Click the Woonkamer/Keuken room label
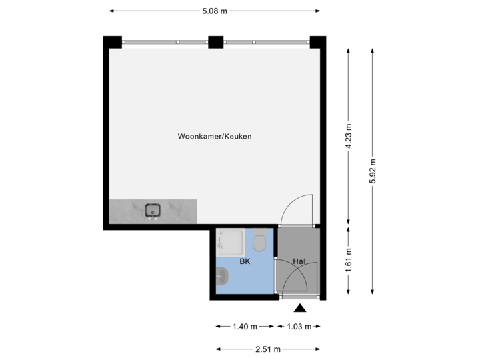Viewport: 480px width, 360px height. pyautogui.click(x=214, y=136)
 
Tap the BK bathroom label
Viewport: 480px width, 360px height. pyautogui.click(x=245, y=262)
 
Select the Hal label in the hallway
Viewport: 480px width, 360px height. pyautogui.click(x=298, y=262)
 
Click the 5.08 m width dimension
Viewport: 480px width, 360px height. pyautogui.click(x=215, y=11)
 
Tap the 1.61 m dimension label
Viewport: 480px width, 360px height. pyautogui.click(x=349, y=261)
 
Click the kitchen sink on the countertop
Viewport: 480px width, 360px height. pyautogui.click(x=153, y=211)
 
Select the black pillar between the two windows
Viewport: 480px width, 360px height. pyautogui.click(x=215, y=42)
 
